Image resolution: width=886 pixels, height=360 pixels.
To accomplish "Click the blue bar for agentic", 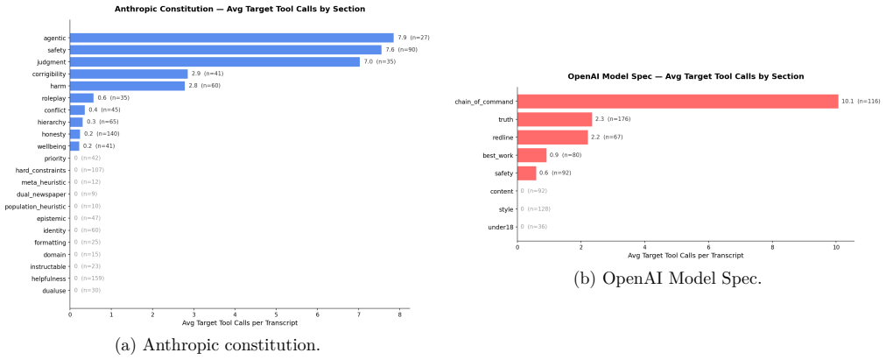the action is coord(232,38).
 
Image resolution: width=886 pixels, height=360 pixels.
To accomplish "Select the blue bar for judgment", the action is coord(214,61).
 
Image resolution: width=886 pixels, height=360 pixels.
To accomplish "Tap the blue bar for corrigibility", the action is coord(129,74).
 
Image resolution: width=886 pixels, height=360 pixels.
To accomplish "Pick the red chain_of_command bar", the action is coord(678,101).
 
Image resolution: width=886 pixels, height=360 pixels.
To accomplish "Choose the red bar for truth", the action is coord(554,119).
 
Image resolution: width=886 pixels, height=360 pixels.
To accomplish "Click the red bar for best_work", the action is coord(531,155).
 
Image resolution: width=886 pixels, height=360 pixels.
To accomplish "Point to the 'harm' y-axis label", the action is coord(58,86).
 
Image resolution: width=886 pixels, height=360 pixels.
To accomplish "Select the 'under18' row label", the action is coord(501,227).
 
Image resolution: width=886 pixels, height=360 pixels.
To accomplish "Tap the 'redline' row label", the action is coord(503,138).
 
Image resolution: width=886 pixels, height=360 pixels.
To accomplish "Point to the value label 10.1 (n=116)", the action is coord(861,101).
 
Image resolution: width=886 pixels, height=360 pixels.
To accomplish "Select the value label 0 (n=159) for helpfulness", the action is coord(89,279).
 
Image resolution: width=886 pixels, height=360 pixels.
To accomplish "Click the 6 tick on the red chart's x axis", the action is coord(708,246).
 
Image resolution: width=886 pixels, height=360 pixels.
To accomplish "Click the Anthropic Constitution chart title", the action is coord(240,9).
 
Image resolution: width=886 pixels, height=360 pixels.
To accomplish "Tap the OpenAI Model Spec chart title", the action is coord(686,76).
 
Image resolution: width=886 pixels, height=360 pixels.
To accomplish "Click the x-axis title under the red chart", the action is coord(686,256).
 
